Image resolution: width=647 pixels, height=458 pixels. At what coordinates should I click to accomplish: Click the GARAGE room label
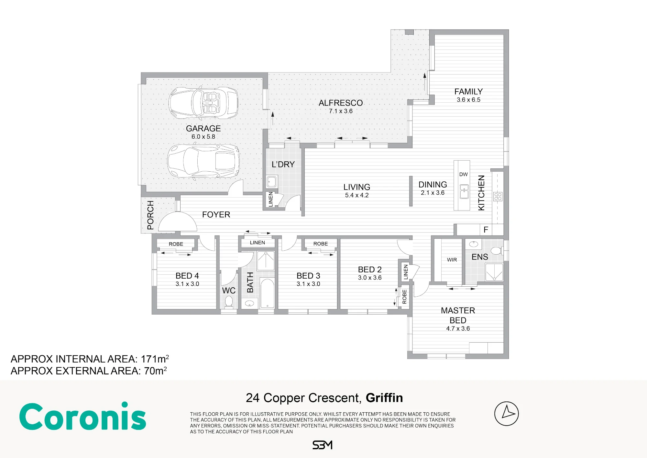click(x=203, y=129)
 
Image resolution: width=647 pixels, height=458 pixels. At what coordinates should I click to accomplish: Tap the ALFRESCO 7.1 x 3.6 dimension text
click(x=341, y=111)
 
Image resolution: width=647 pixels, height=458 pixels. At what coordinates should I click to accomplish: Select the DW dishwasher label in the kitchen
click(x=463, y=174)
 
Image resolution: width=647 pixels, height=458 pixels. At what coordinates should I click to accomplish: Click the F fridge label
click(x=486, y=230)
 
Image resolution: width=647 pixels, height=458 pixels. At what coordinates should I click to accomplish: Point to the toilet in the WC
click(x=229, y=301)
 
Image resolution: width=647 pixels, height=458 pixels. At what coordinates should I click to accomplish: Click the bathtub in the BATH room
click(x=267, y=293)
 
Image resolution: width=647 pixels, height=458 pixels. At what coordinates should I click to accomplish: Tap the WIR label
click(x=452, y=260)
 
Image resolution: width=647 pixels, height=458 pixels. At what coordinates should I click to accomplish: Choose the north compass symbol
click(x=507, y=414)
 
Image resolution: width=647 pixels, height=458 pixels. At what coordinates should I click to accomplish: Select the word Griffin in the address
click(x=384, y=398)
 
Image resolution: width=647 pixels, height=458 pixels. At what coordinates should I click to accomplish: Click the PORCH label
click(x=150, y=215)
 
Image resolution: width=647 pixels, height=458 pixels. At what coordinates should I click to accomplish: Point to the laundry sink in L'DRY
click(x=271, y=182)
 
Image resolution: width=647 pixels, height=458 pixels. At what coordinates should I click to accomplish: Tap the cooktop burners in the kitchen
click(x=498, y=196)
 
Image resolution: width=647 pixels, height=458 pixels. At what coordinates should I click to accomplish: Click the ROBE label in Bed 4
click(x=176, y=244)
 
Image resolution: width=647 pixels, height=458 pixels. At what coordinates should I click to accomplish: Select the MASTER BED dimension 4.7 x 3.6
click(x=458, y=328)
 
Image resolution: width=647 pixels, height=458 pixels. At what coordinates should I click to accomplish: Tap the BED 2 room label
click(x=370, y=269)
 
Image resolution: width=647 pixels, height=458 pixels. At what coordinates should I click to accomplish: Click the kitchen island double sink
click(x=464, y=191)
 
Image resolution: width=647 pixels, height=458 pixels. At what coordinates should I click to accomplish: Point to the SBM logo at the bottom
click(x=323, y=445)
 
